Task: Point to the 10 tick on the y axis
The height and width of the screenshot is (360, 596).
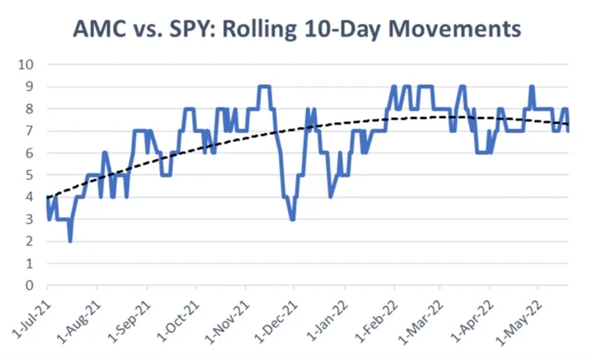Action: pos(27,64)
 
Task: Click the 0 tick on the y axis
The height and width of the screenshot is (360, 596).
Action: pos(31,286)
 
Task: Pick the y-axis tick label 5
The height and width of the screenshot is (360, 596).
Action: pos(31,175)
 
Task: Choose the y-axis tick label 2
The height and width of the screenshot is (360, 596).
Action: pos(31,241)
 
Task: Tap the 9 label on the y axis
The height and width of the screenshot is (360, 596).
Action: pos(31,87)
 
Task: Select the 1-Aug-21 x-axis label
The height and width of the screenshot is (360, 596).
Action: pos(77,318)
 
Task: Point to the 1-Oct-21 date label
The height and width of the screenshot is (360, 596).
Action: pos(175,318)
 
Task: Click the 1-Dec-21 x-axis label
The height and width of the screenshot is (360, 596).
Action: pos(274,318)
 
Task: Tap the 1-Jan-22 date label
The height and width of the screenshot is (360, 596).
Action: pos(324,318)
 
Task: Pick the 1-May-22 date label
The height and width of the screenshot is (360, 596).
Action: pos(520,318)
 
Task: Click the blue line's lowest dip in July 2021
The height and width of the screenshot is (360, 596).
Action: pos(70,240)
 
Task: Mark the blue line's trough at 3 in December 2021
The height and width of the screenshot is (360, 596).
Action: pos(293,218)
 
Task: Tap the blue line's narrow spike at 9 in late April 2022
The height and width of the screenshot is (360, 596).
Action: pos(532,87)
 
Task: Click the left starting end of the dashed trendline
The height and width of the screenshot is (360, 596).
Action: pos(48,198)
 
